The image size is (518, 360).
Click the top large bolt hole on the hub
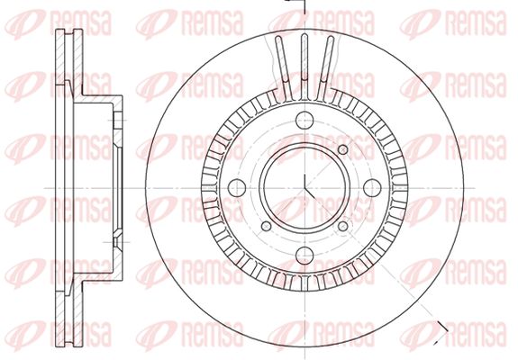click(304, 120)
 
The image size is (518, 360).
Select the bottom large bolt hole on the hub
click(304, 255)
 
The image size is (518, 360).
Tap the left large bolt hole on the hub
click(237, 188)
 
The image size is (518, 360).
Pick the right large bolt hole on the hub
click(372, 188)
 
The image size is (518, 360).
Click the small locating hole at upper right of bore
click(343, 149)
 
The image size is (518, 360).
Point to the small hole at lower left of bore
click(267, 226)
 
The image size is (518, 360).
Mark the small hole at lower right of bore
click(343, 226)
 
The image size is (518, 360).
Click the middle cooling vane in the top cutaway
click(304, 66)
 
